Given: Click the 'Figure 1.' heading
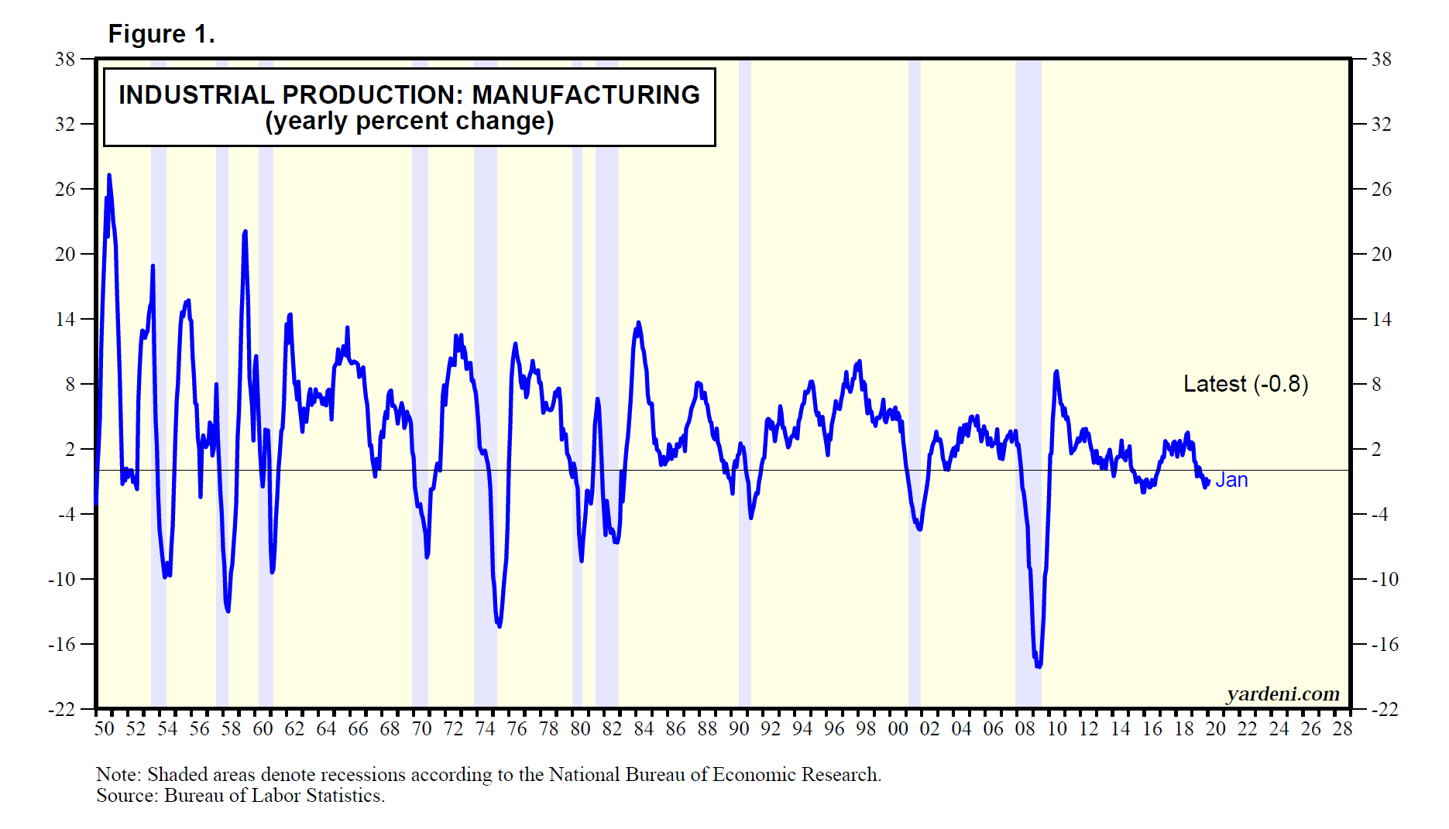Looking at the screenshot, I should (161, 34).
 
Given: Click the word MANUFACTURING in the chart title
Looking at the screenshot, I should (585, 94).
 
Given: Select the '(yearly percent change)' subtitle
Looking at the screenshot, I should (409, 122).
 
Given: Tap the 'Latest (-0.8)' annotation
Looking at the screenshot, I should (1245, 384).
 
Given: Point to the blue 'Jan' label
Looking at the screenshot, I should (1231, 480).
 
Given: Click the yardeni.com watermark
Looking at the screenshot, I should (1282, 694).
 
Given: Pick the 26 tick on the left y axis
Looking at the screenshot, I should (65, 189).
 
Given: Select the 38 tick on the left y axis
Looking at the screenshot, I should (65, 59).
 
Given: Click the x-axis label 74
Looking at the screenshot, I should (485, 729).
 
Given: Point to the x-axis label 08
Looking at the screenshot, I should (1025, 729).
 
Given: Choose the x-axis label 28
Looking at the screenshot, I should (1342, 729).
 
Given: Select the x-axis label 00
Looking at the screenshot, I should (898, 729).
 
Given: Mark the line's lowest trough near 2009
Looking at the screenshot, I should (1038, 665).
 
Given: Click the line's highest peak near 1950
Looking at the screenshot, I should (109, 176).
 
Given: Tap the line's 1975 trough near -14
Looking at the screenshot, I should (499, 625).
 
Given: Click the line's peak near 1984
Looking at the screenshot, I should (638, 323).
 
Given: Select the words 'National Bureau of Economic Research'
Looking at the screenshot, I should (714, 775).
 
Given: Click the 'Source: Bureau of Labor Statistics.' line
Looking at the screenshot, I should (240, 796).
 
